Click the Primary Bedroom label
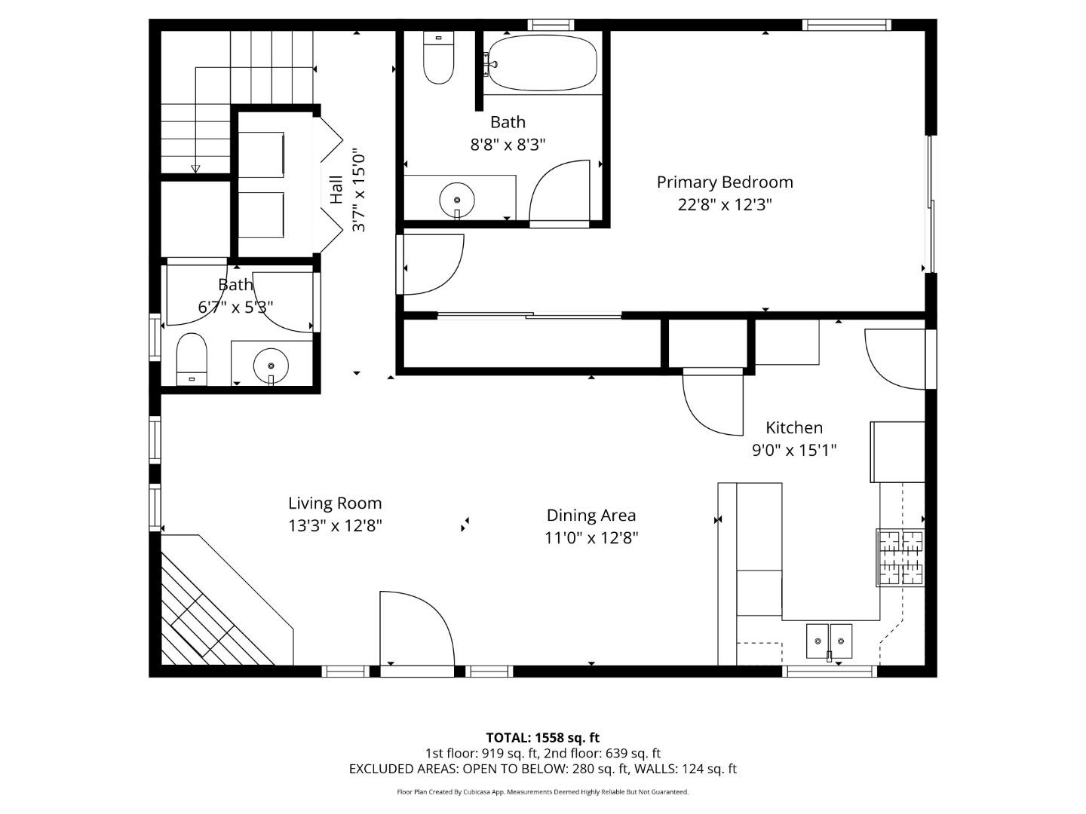[x=724, y=182]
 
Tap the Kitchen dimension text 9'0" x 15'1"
[x=793, y=451]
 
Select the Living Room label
[x=335, y=503]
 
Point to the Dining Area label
[x=591, y=515]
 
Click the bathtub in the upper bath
[x=542, y=63]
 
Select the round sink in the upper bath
[x=457, y=200]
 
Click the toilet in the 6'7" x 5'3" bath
[x=192, y=359]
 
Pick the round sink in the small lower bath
[x=271, y=366]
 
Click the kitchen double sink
[x=829, y=641]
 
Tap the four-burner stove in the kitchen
[x=900, y=558]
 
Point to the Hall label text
[x=336, y=189]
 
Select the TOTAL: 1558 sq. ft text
[x=542, y=737]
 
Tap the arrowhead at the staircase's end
[x=195, y=169]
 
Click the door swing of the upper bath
[x=559, y=192]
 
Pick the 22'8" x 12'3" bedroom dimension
[x=724, y=204]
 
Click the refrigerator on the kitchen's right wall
[x=897, y=451]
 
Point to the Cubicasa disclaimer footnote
[x=542, y=792]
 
